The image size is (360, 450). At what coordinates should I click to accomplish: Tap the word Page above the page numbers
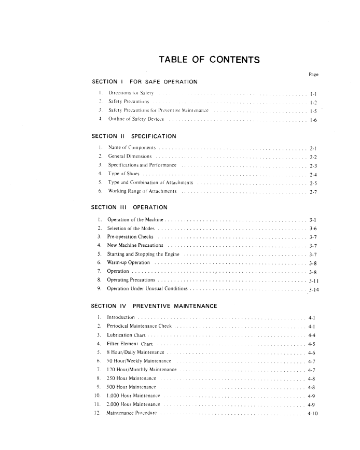click(x=313, y=75)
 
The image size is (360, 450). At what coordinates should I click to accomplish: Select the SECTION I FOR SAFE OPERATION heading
click(x=144, y=82)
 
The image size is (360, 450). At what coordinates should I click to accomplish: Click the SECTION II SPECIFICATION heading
click(x=134, y=136)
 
